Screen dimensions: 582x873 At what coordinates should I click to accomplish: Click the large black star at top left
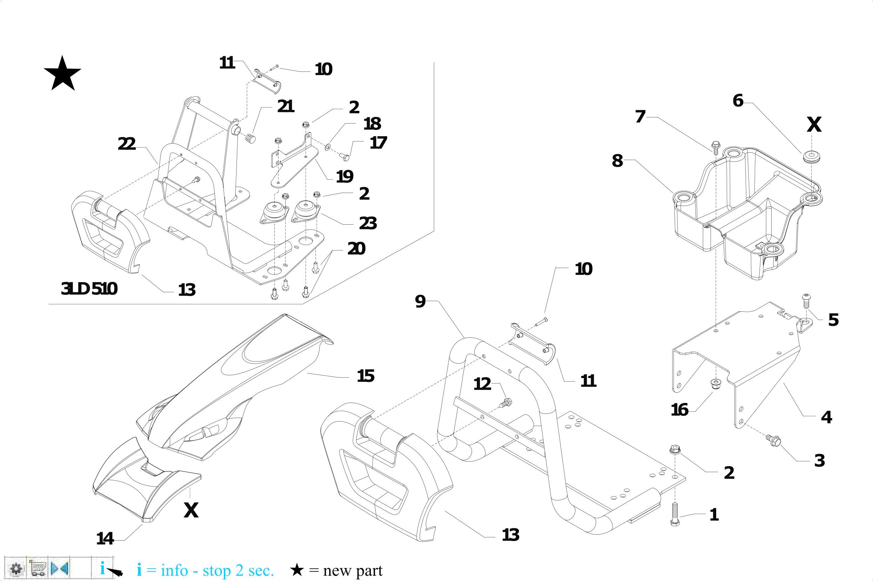[x=62, y=74]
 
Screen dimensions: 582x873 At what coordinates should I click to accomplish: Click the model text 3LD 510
[x=89, y=289]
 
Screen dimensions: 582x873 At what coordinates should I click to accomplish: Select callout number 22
[x=127, y=144]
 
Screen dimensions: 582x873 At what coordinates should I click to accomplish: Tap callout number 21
[x=285, y=106]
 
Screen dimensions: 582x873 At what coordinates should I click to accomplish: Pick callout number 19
[x=344, y=176]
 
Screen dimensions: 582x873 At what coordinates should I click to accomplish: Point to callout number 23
[x=367, y=223]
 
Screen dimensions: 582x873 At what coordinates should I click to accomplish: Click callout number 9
[x=420, y=302]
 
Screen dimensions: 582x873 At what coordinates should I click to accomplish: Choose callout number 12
[x=482, y=384]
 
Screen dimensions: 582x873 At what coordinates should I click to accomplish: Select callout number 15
[x=366, y=376]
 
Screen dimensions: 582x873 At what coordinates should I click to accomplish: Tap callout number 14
[x=105, y=538]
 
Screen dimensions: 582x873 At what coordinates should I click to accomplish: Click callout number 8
[x=617, y=161]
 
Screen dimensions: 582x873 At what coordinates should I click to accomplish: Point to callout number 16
[x=680, y=410]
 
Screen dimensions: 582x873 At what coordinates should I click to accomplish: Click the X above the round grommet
[x=814, y=125]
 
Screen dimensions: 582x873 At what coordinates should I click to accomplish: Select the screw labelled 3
[x=773, y=440]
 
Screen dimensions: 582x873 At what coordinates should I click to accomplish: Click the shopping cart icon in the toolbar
[x=38, y=568]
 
